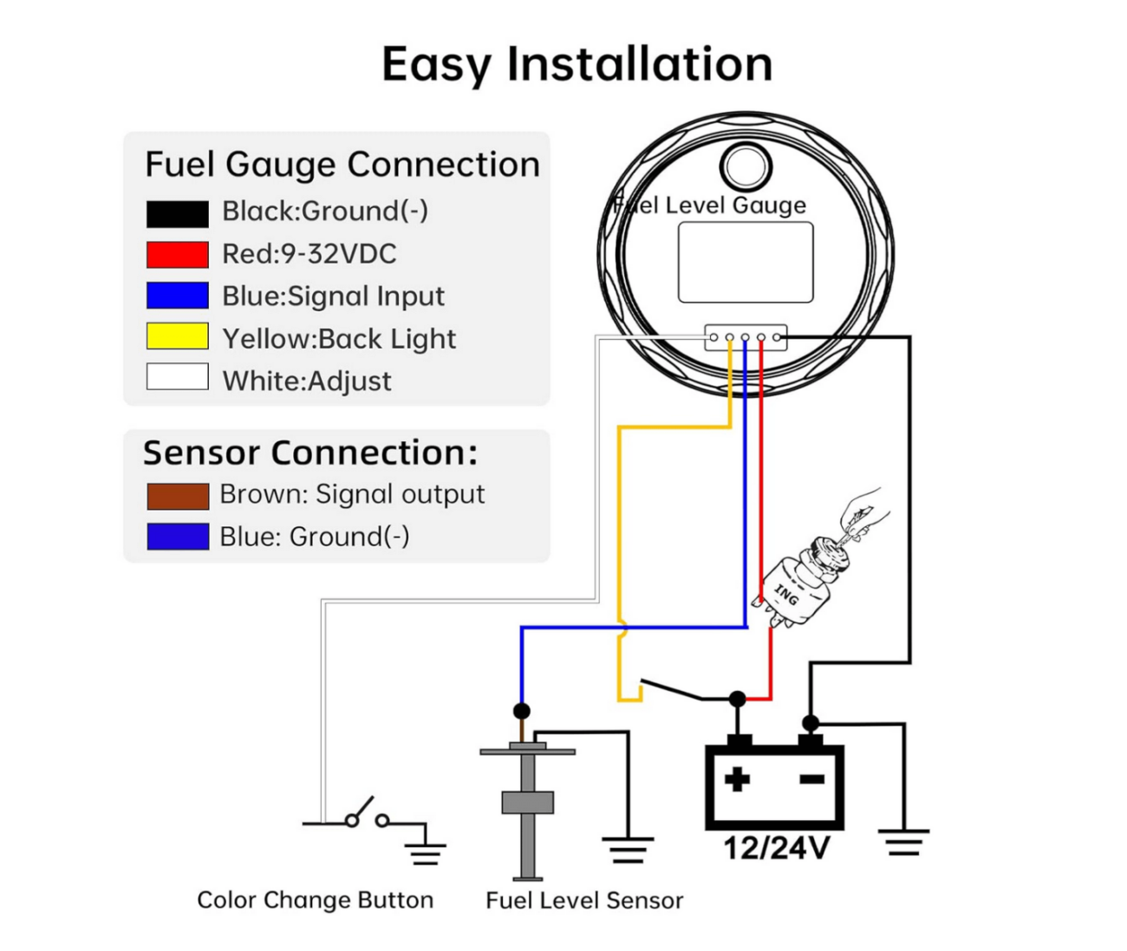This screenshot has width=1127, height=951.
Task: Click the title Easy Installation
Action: click(x=577, y=64)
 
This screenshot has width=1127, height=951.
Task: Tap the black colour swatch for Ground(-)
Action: click(x=177, y=213)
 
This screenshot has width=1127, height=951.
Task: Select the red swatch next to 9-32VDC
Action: click(x=177, y=255)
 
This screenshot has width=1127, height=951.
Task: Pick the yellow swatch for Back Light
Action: click(x=177, y=336)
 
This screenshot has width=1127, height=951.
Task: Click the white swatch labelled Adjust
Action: click(x=177, y=377)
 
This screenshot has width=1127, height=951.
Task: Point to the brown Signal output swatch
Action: click(x=177, y=496)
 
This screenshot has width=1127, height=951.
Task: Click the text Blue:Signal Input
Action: click(x=333, y=296)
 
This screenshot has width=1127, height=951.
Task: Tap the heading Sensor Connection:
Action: click(x=309, y=453)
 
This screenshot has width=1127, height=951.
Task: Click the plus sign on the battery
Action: click(x=737, y=778)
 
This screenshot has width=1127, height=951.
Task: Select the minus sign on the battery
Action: click(x=811, y=779)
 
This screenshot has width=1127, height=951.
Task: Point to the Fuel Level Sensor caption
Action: click(x=583, y=901)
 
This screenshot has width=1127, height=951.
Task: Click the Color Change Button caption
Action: click(x=315, y=900)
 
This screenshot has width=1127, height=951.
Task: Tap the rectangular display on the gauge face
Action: click(x=745, y=262)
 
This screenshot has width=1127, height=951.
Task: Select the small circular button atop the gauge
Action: click(x=746, y=165)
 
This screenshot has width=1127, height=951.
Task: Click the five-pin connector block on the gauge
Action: click(x=746, y=337)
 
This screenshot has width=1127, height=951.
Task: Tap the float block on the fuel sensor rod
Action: click(x=527, y=803)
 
